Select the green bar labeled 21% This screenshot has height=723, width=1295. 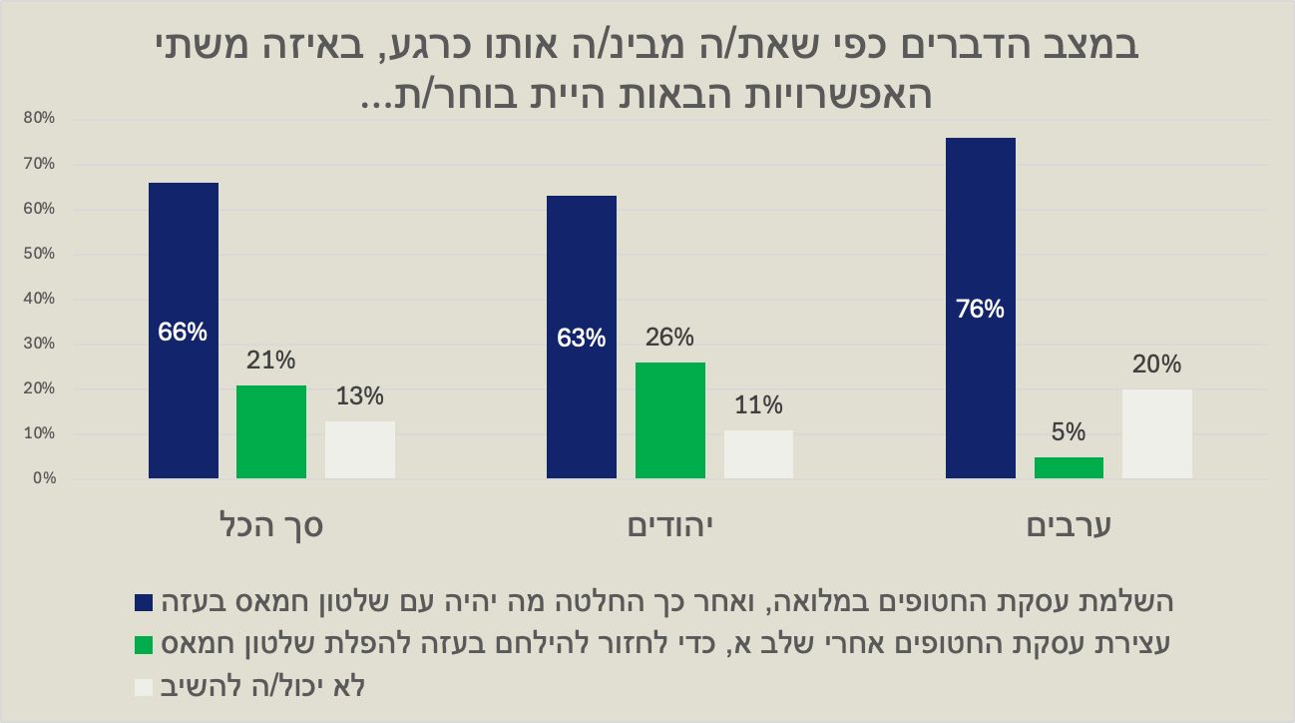coord(271,431)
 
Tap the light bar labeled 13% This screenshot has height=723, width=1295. coord(360,449)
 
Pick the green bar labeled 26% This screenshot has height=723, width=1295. coord(669,420)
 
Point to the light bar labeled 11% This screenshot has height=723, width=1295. coord(758,454)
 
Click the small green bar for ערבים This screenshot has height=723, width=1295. coord(1069,467)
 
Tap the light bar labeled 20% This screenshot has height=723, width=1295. coord(1156,433)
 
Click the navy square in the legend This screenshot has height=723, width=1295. coord(144,602)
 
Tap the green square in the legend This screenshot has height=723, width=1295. coord(144,644)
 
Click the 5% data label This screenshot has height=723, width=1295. coord(1069,432)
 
